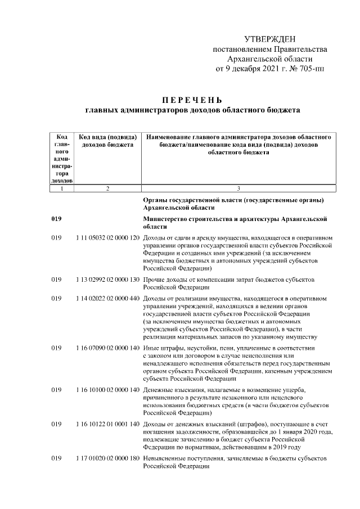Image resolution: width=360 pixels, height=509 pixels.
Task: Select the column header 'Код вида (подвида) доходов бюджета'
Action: click(107, 141)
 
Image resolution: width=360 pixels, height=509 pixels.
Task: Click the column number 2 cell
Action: click(107, 188)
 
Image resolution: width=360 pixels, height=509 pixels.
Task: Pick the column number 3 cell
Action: click(238, 188)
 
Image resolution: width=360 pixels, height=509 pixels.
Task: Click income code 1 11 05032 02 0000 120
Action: click(107, 238)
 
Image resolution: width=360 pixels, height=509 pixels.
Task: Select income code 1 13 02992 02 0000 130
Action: click(107, 279)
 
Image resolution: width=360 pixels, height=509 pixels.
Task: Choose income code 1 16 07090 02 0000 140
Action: click(107, 348)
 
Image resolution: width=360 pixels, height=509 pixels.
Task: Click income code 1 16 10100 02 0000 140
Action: click(107, 389)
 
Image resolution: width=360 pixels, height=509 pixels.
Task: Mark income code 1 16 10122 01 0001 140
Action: click(107, 424)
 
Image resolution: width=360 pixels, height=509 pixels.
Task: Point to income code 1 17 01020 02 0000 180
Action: click(107, 458)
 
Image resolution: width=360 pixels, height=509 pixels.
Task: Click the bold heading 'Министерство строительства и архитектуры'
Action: click(235, 219)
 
